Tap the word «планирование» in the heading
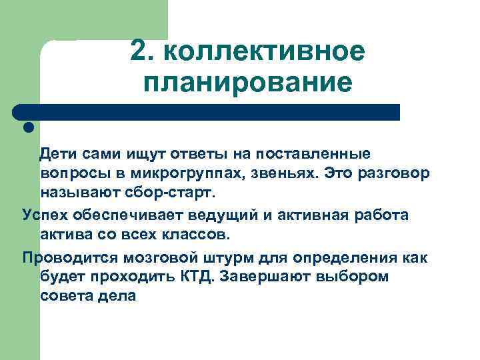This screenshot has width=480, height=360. tap(247, 83)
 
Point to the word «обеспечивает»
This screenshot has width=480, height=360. tap(121, 215)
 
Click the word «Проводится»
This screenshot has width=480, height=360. tap(64, 257)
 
